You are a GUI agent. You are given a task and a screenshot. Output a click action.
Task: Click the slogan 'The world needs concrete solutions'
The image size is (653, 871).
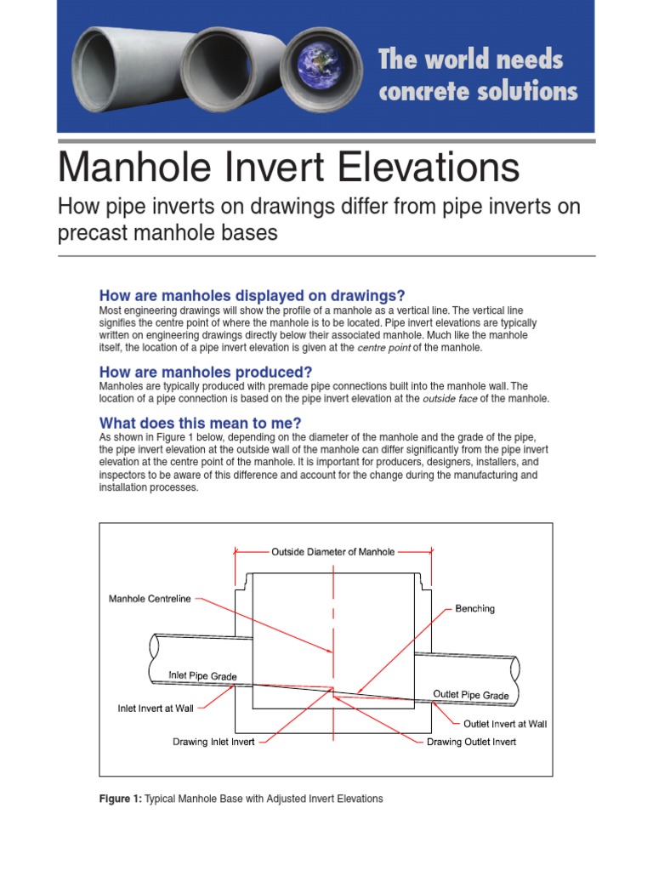point(477,75)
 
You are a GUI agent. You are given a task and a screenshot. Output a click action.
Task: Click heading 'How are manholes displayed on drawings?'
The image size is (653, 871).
point(252,296)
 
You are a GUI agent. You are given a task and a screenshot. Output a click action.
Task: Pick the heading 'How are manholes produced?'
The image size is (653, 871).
point(206,372)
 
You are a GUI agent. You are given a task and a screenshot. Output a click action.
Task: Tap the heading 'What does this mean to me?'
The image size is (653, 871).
point(201,423)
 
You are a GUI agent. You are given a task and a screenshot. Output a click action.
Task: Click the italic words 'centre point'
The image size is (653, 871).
point(384,348)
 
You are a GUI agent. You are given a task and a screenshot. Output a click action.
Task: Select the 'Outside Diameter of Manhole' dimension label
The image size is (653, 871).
point(332,552)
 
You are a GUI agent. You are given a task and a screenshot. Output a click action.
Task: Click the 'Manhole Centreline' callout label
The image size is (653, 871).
point(150,599)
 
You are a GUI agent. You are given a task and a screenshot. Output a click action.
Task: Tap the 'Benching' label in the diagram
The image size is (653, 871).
point(474,609)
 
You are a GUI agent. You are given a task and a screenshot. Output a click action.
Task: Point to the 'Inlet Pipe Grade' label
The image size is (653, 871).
point(202,676)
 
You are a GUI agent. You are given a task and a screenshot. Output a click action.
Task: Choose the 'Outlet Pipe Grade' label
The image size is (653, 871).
point(471,695)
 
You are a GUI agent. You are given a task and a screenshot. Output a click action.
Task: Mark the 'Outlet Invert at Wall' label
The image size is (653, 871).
point(504,725)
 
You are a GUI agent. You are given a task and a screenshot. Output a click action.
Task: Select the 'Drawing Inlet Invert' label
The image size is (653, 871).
point(213,742)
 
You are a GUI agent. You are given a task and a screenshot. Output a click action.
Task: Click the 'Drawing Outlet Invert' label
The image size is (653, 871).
point(471,742)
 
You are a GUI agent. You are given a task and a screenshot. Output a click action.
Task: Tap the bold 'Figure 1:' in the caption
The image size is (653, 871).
point(120,799)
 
